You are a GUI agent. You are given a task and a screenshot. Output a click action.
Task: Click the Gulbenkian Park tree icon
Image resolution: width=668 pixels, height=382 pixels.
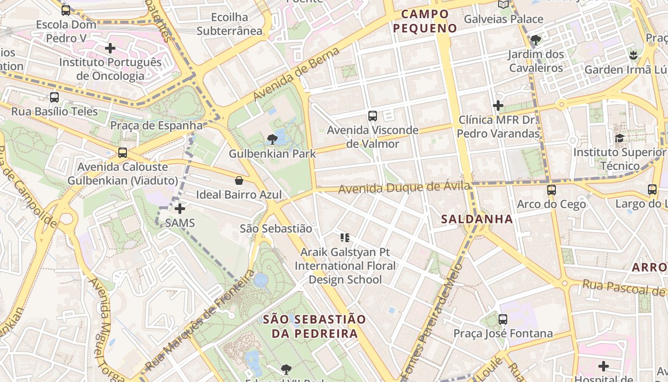pyautogui.click(x=272, y=139)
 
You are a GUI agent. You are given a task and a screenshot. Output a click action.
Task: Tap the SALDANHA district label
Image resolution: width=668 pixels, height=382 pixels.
pyautogui.click(x=477, y=219)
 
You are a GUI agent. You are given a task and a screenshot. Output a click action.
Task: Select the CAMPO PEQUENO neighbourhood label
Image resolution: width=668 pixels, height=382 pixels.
pyautogui.click(x=425, y=21)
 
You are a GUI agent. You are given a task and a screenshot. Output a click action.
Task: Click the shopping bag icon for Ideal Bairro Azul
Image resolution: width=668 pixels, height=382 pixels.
pyautogui.click(x=239, y=180)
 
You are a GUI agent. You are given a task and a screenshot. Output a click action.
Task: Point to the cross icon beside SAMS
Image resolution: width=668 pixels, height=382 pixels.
pyautogui.click(x=180, y=209)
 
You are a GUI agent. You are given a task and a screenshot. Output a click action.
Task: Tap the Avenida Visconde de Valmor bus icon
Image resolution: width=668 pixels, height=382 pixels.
pyautogui.click(x=373, y=116)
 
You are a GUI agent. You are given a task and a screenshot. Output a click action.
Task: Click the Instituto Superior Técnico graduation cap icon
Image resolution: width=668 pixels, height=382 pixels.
pyautogui.click(x=619, y=138)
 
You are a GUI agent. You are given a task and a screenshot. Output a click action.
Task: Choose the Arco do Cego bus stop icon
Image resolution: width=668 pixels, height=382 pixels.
pyautogui.click(x=552, y=190)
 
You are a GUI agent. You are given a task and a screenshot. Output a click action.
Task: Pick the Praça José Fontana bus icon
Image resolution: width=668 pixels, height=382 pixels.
pyautogui.click(x=503, y=319)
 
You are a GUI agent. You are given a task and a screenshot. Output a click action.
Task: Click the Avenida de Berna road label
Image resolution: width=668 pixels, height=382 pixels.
pyautogui.click(x=296, y=74)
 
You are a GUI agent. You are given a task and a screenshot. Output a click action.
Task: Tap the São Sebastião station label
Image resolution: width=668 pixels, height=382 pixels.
pyautogui.click(x=276, y=229)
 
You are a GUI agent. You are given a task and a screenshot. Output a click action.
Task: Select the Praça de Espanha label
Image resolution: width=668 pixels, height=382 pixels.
pyautogui.click(x=157, y=126)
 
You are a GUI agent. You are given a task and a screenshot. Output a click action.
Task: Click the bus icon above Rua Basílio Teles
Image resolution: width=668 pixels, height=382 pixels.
pyautogui.click(x=54, y=97)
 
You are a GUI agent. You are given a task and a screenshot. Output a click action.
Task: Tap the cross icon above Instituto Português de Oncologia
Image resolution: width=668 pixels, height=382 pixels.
pyautogui.click(x=110, y=48)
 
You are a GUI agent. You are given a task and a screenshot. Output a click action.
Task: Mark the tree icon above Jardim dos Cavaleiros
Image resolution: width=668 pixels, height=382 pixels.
pyautogui.click(x=536, y=40)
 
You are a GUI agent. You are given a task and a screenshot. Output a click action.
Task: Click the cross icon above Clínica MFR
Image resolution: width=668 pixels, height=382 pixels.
pyautogui.click(x=498, y=105)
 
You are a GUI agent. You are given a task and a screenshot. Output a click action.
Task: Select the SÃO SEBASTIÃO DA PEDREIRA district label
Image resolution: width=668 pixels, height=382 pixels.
pyautogui.click(x=314, y=326)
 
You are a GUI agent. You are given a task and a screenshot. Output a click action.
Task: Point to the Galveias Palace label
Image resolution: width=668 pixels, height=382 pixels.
pyautogui.click(x=503, y=19)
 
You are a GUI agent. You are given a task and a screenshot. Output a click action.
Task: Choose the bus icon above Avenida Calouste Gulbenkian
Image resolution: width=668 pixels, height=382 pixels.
pyautogui.click(x=123, y=153)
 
